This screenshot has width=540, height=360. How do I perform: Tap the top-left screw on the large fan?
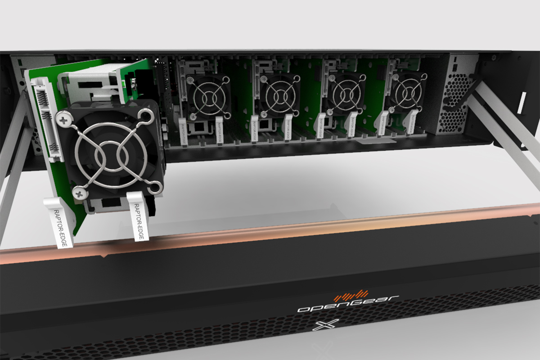pos(64,119)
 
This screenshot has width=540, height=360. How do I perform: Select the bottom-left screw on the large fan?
pos(80,193)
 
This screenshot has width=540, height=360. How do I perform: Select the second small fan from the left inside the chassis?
pos(278,95)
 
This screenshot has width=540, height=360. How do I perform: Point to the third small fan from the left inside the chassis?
pos(345,94)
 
